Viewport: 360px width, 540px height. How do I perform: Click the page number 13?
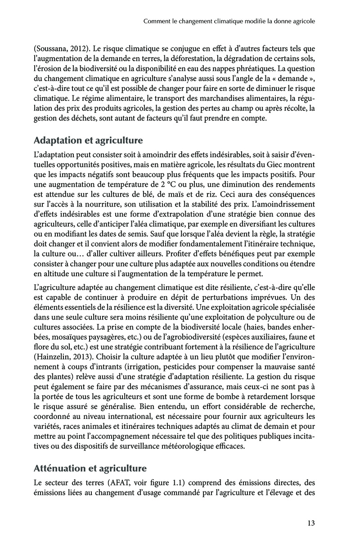[x=309, y=523]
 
